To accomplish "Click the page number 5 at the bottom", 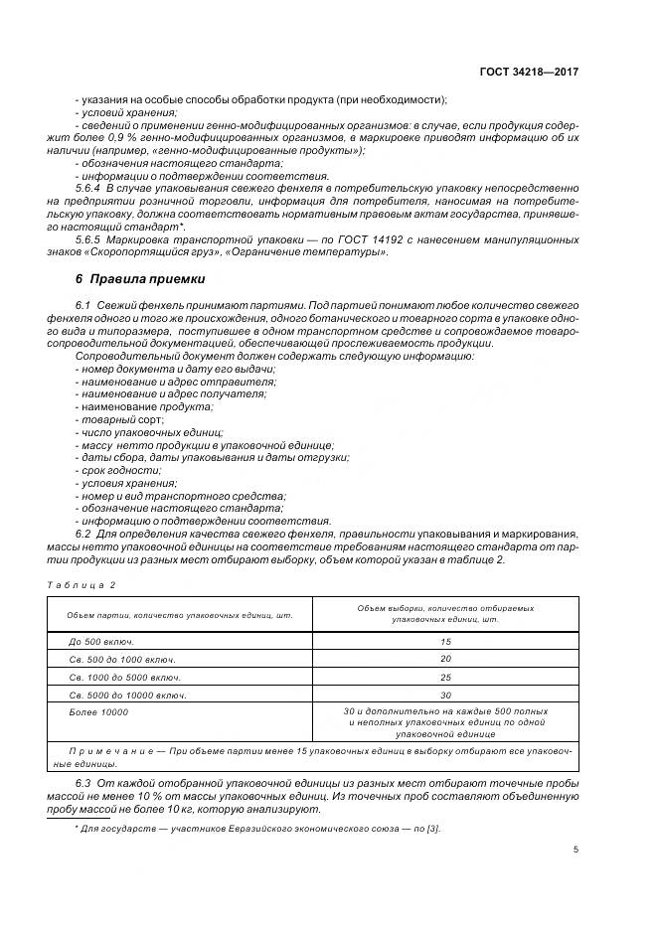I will [575, 850].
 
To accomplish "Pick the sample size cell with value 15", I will [445, 642].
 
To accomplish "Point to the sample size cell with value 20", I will [445, 660].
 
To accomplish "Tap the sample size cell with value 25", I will [445, 677].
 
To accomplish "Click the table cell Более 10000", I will [98, 712].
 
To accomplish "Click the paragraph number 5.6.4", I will [88, 187].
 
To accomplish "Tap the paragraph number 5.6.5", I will [88, 239].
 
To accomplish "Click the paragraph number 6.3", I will [83, 784].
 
